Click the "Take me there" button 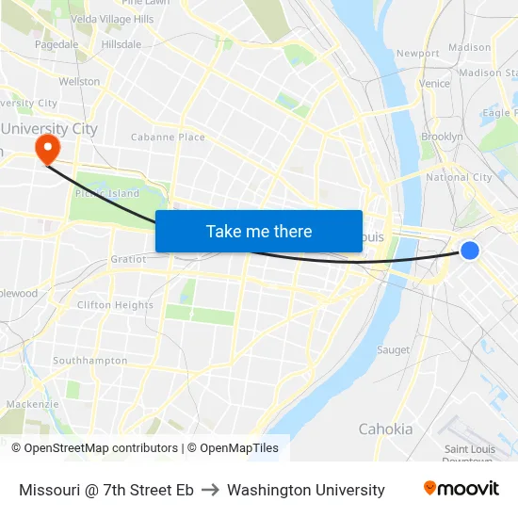point(259,232)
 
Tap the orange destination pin point(46,148)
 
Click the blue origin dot point(470,250)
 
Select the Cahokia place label point(385,429)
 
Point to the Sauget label point(393,350)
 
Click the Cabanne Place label point(168,138)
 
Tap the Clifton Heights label point(115,305)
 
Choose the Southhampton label point(89,361)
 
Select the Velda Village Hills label point(112,19)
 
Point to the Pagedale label point(57,44)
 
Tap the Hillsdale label point(121,44)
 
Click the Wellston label point(79,82)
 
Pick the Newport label point(418,54)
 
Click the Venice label point(434,83)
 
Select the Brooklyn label point(442,137)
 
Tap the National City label point(459,177)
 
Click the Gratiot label point(128,259)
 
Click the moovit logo point(461,489)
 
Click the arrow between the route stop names point(210,490)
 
